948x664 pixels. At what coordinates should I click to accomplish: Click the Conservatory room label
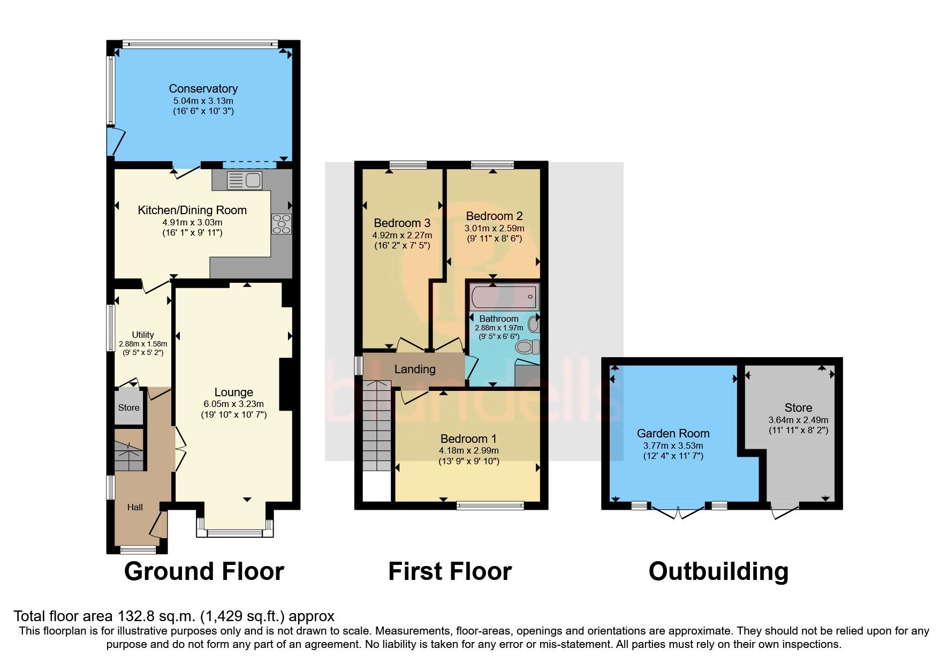(203, 89)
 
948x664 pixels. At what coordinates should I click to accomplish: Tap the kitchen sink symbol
(244, 180)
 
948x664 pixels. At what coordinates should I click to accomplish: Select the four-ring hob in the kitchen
(282, 224)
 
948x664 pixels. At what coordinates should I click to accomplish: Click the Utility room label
(142, 335)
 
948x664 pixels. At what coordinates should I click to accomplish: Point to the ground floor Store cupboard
(128, 408)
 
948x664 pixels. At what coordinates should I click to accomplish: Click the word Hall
(135, 507)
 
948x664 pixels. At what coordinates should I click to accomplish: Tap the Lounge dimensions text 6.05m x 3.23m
(233, 404)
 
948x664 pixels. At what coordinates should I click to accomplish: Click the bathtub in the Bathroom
(504, 297)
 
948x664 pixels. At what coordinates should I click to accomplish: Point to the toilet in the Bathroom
(527, 347)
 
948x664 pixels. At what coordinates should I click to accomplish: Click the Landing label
(415, 369)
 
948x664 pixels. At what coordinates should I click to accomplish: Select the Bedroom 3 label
(401, 223)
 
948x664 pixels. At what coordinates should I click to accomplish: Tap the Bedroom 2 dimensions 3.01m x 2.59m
(494, 228)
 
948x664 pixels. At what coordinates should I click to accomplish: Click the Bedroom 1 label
(468, 439)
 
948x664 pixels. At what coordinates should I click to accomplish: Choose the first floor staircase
(377, 426)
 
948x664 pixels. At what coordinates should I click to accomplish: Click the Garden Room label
(673, 433)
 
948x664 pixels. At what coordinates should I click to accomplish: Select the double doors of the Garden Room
(678, 512)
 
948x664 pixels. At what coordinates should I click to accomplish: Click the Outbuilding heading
(718, 571)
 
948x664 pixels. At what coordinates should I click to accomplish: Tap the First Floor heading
(450, 571)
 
